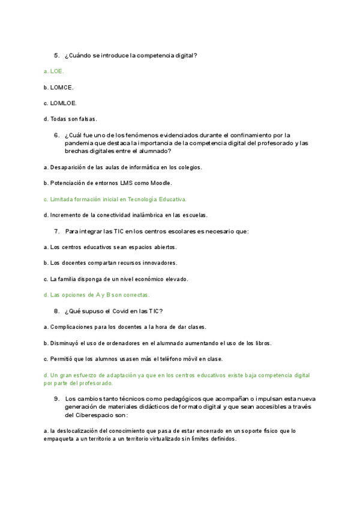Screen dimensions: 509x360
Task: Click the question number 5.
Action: (56, 55)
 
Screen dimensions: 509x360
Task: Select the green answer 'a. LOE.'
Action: (53, 71)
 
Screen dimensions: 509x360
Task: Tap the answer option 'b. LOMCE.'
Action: (58, 87)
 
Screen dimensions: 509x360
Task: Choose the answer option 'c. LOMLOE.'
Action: (60, 103)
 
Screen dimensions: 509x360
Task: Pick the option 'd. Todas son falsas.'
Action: (70, 119)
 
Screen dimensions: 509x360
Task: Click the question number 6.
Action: (56, 135)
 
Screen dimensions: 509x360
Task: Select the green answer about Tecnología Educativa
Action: (115, 199)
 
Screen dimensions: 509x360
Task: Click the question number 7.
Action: (56, 231)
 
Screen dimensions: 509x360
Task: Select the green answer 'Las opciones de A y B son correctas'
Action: (97, 295)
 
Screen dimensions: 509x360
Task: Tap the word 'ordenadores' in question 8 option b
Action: (124, 343)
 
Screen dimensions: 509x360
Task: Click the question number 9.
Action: (56, 399)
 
